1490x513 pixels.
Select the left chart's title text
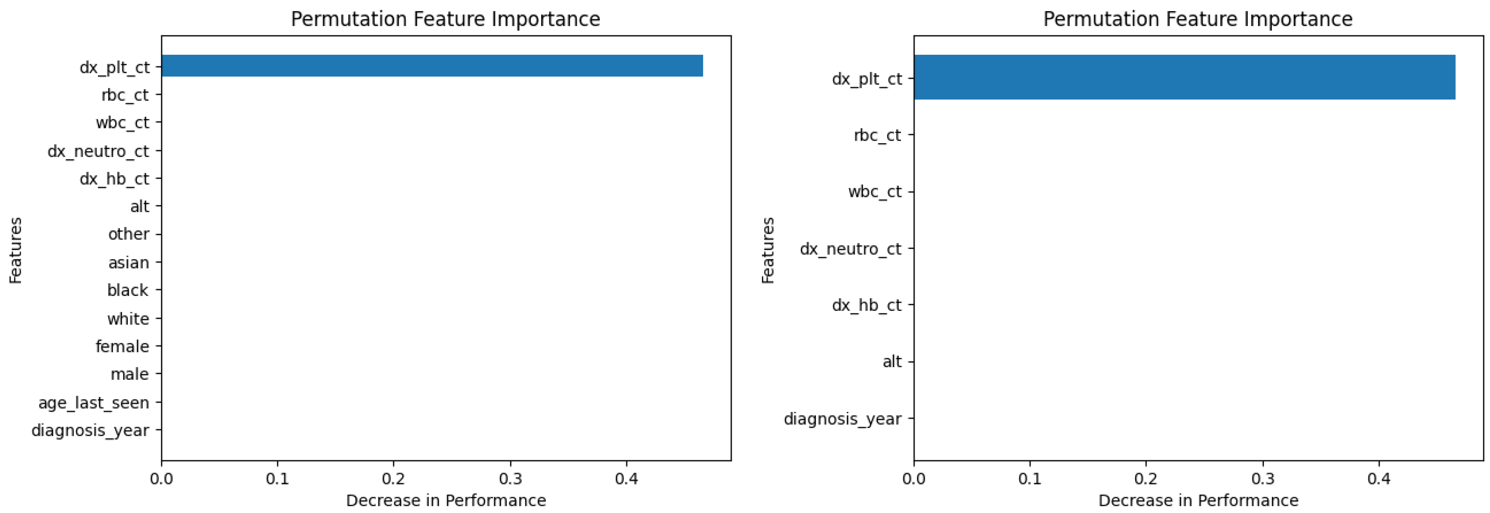click(x=445, y=19)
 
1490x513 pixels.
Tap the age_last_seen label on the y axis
click(x=94, y=403)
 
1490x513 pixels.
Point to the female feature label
click(x=122, y=346)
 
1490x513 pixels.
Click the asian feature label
click(x=128, y=262)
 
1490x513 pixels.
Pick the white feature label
click(x=128, y=319)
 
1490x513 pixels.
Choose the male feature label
click(x=130, y=374)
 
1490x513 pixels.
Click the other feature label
click(x=128, y=234)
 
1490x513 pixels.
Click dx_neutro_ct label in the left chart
click(x=98, y=152)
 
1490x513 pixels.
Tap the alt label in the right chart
click(x=892, y=362)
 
